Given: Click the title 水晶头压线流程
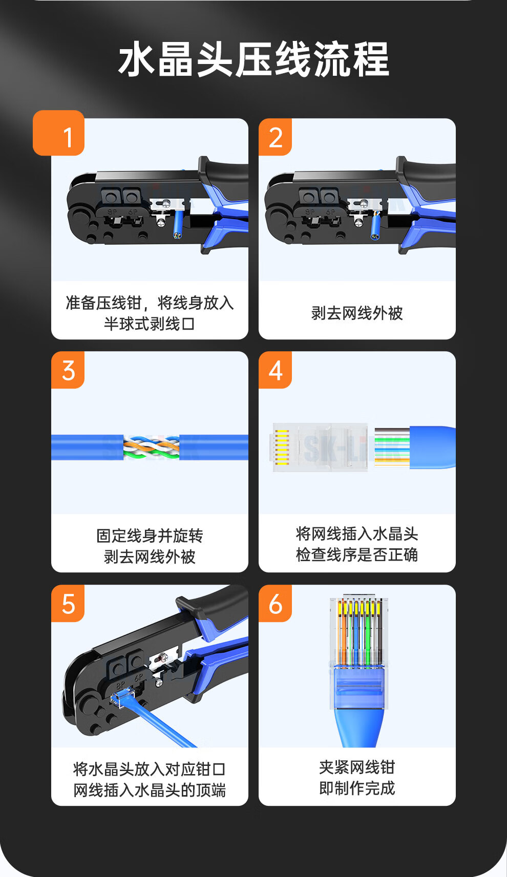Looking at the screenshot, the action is pyautogui.click(x=253, y=59).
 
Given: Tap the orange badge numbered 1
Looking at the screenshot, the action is pyautogui.click(x=59, y=133).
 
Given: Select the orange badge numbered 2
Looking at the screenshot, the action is pyautogui.click(x=275, y=137).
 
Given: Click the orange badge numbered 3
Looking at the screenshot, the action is pyautogui.click(x=68, y=370).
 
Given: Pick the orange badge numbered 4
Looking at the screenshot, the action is pyautogui.click(x=275, y=370).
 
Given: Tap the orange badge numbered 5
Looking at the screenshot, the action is pyautogui.click(x=68, y=603).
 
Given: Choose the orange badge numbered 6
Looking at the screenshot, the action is pyautogui.click(x=275, y=603).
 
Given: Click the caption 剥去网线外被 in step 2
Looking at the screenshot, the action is pyautogui.click(x=357, y=313).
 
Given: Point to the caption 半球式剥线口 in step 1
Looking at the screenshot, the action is pyautogui.click(x=150, y=324).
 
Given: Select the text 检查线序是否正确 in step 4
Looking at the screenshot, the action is pyautogui.click(x=357, y=555).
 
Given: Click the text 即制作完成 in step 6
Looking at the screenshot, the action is pyautogui.click(x=357, y=788).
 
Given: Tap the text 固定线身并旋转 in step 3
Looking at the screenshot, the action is pyautogui.click(x=150, y=536).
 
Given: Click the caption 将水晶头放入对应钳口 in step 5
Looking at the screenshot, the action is pyautogui.click(x=150, y=769).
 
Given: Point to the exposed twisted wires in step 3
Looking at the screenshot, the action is pyautogui.click(x=152, y=447).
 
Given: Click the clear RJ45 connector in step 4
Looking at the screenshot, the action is pyautogui.click(x=320, y=447).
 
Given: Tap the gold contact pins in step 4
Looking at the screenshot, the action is pyautogui.click(x=282, y=447).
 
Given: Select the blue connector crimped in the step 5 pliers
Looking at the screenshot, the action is pyautogui.click(x=122, y=698).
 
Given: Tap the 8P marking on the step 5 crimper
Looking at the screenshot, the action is pyautogui.click(x=120, y=685).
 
